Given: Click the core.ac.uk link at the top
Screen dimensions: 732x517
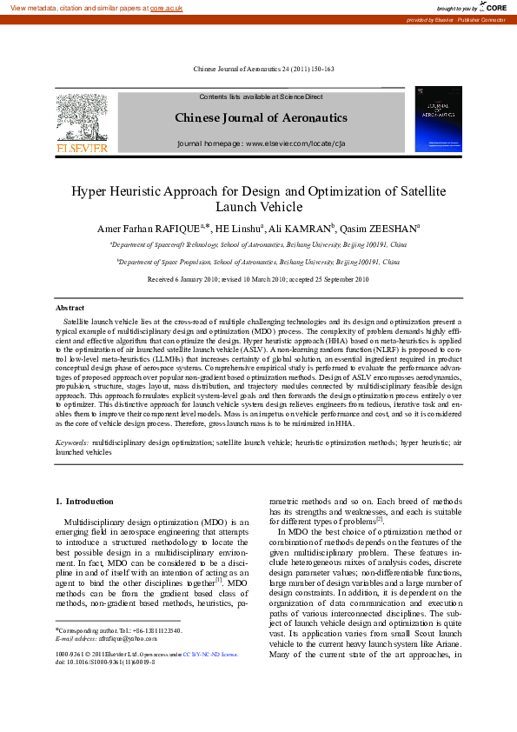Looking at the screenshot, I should tap(166, 7).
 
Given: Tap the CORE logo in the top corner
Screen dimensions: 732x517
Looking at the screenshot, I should tap(492, 7).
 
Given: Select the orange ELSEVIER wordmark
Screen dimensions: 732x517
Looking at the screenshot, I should tap(82, 148).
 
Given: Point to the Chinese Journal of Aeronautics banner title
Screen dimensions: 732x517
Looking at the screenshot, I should tap(261, 117).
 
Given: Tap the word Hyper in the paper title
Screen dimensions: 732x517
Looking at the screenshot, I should tap(89, 190).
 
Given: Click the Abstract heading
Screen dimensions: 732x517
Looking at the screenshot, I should tap(70, 308).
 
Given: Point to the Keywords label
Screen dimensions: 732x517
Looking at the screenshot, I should tap(72, 442).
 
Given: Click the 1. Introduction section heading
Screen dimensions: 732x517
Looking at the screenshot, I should tap(84, 501).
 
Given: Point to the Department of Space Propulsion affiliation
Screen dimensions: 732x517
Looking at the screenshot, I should tap(258, 261).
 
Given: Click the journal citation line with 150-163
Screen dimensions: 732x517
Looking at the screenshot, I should tap(262, 69).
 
